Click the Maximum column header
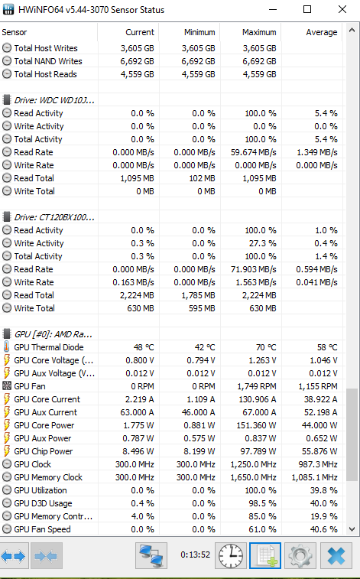[x=259, y=32]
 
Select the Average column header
[x=321, y=32]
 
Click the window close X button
[x=342, y=10]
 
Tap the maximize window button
[x=307, y=10]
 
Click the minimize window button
[x=273, y=10]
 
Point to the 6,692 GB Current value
[x=137, y=61]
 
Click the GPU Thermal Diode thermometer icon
[x=7, y=347]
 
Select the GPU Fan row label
[x=30, y=386]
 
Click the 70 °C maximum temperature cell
[x=265, y=347]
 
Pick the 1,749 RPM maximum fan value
[x=256, y=386]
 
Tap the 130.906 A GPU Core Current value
[x=256, y=399]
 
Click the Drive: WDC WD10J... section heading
[x=54, y=100]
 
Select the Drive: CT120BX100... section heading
[x=54, y=217]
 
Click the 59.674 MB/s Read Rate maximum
[x=254, y=152]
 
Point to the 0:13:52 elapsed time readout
[x=195, y=555]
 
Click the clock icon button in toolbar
[x=231, y=555]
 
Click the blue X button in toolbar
[x=336, y=555]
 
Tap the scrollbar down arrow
[x=352, y=529]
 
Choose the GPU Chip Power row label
[x=43, y=451]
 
